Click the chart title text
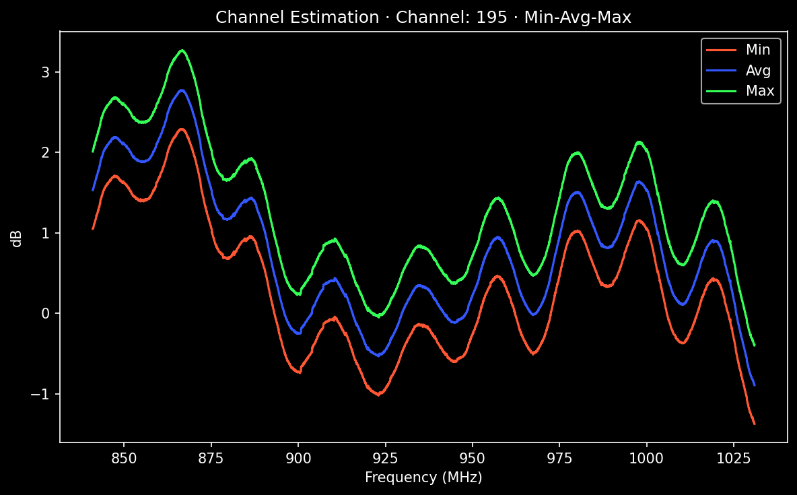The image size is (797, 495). tap(423, 18)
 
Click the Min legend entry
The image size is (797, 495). tap(757, 49)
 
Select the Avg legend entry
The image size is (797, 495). tap(757, 70)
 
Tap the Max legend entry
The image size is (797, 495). tap(759, 91)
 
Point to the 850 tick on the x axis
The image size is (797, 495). tap(124, 459)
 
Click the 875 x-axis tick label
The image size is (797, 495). tap(211, 459)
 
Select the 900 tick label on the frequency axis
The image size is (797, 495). tap(298, 459)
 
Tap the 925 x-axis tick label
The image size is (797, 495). tap(385, 459)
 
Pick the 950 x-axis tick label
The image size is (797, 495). tap(473, 459)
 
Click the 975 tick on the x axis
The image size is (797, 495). tap(559, 459)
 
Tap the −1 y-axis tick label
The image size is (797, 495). tap(42, 394)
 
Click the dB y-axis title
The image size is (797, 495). tap(18, 238)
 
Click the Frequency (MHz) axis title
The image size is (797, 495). tap(423, 478)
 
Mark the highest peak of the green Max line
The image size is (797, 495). tap(182, 50)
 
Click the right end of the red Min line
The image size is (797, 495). tap(755, 424)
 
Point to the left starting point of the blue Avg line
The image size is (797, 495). tap(93, 191)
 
